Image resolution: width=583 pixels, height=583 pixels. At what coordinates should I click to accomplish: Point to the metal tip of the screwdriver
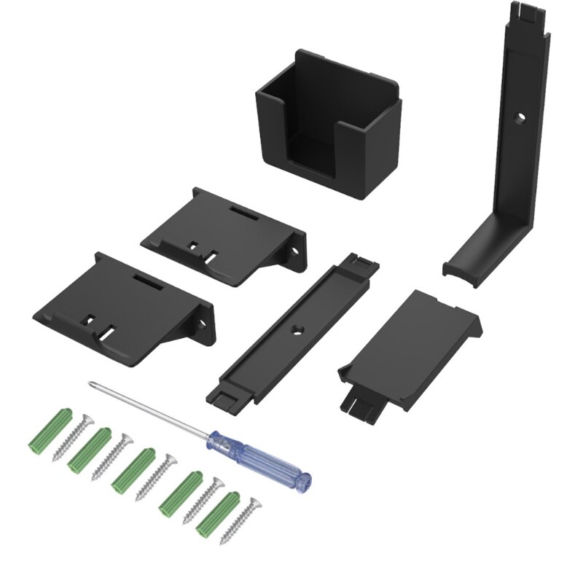pos(91,383)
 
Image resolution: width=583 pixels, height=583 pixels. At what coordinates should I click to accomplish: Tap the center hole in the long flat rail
pos(297,329)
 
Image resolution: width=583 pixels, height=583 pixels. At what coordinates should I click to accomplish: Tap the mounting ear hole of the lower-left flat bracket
pos(205,321)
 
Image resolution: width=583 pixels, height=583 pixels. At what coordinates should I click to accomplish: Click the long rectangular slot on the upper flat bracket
pos(245,216)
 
